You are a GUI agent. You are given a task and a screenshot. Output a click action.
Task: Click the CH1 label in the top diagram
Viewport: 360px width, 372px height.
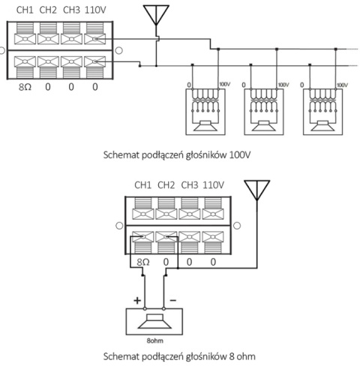pyautogui.click(x=25, y=10)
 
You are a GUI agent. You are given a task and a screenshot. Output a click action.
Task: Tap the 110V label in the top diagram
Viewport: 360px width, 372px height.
pyautogui.click(x=94, y=10)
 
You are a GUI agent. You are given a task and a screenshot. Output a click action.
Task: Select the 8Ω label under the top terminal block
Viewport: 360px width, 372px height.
pyautogui.click(x=24, y=87)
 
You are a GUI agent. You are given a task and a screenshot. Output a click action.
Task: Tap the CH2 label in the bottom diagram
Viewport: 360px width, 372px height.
pyautogui.click(x=166, y=184)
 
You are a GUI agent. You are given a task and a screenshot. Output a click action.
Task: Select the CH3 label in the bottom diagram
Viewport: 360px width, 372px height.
pyautogui.click(x=190, y=184)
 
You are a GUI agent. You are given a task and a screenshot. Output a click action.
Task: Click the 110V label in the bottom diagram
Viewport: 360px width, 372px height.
pyautogui.click(x=214, y=184)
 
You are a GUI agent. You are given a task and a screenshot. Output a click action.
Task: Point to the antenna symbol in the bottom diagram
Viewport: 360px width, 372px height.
pyautogui.click(x=257, y=192)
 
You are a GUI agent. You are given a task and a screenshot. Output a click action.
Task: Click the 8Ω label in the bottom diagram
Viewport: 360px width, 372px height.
pyautogui.click(x=142, y=262)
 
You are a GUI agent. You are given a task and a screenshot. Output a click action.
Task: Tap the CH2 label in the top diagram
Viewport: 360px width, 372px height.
pyautogui.click(x=48, y=10)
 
